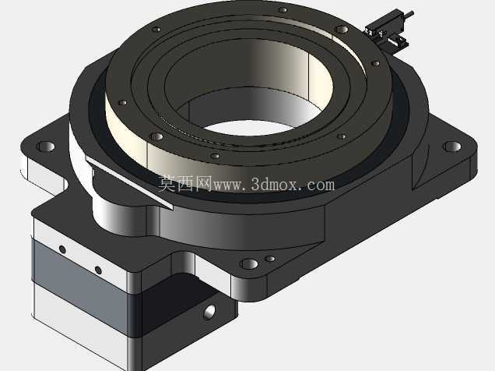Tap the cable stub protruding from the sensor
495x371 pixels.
409,14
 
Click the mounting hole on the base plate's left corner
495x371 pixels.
46,147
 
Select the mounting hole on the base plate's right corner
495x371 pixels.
451,147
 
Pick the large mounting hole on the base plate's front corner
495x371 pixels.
249,264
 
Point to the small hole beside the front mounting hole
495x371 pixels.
270,259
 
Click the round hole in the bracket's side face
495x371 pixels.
209,313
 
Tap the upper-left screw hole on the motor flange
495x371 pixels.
62,249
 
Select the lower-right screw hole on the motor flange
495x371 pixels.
98,270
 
